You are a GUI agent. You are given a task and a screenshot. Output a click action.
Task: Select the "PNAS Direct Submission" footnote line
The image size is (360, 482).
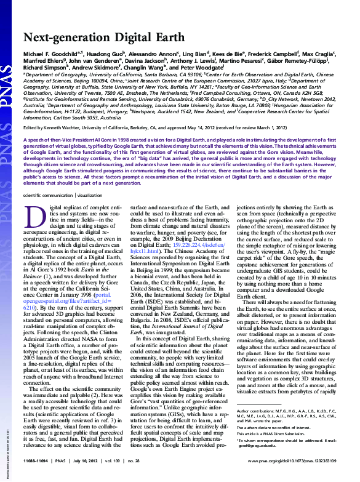tap(263, 432)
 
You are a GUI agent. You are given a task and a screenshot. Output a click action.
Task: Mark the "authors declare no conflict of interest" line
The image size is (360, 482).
tap(272, 426)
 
